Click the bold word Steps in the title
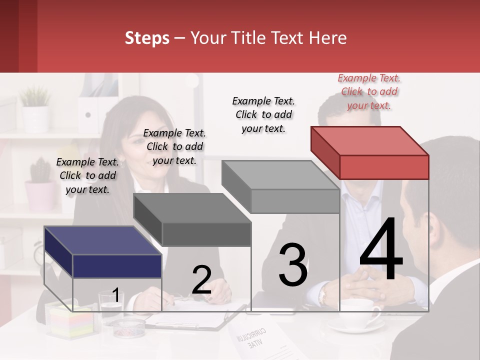[147, 38]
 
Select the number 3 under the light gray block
[293, 265]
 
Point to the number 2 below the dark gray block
[201, 280]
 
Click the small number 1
[116, 295]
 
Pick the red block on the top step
[370, 152]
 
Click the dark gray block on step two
[192, 219]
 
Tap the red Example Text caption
[369, 91]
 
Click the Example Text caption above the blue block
[87, 175]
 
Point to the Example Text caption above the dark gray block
[174, 146]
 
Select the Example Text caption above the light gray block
[263, 114]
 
